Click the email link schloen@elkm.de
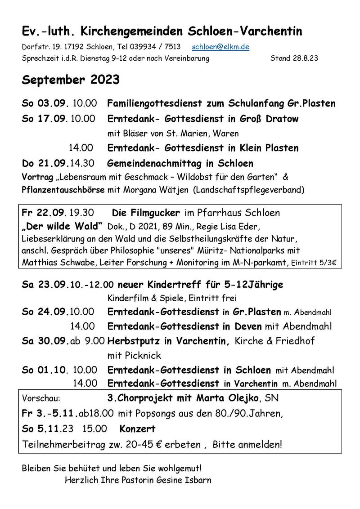(220, 47)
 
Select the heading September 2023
(71, 80)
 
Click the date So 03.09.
(45, 103)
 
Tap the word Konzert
(137, 429)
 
